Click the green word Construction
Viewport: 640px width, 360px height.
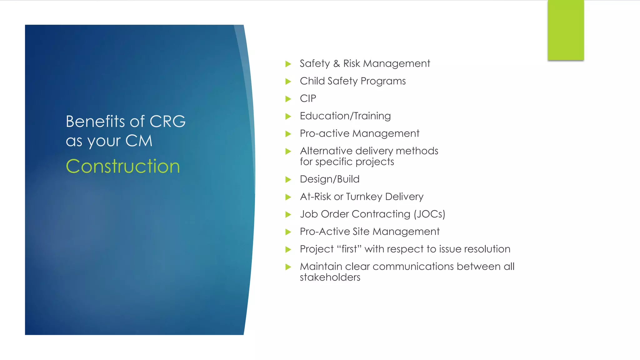123,166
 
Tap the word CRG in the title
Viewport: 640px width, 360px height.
167,122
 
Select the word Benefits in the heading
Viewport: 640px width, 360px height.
95,122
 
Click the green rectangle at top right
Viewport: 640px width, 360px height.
566,30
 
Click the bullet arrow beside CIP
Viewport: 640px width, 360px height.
288,99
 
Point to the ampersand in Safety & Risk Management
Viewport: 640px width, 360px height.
337,64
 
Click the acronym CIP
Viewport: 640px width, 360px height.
308,99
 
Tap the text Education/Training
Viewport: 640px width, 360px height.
345,116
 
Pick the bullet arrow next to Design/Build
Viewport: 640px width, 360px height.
288,180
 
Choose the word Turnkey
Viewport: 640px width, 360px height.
364,197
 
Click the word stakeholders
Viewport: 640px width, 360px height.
330,277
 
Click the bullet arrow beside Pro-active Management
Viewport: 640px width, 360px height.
288,134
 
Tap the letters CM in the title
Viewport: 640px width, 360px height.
139,141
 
